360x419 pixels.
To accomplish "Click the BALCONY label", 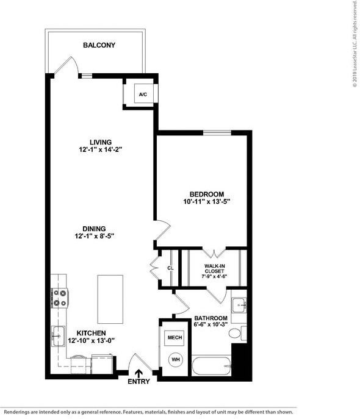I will (99, 45).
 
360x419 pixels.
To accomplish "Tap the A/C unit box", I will (143, 95).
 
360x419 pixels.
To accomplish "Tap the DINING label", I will (95, 227).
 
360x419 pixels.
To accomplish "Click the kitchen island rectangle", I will (110, 299).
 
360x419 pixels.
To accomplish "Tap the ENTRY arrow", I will (139, 373).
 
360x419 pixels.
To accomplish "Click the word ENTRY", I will (139, 382).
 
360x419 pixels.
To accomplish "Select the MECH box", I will (175, 337).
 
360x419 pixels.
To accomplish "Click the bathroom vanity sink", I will (240, 304).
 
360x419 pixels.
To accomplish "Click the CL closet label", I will (170, 268).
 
